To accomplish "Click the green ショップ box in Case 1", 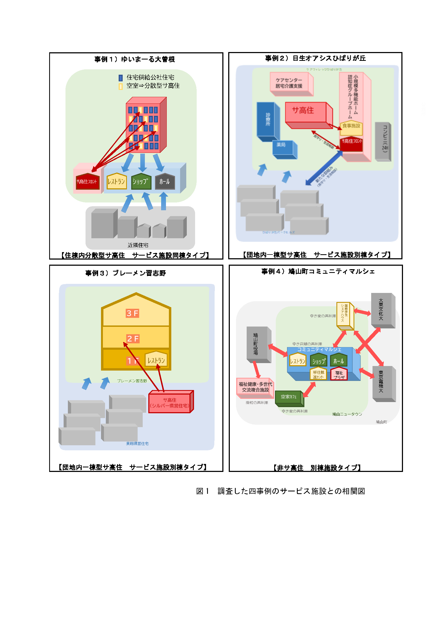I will pyautogui.click(x=141, y=181).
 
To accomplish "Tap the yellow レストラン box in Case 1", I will pyautogui.click(x=117, y=181).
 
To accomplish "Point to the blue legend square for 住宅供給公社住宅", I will pyautogui.click(x=121, y=78).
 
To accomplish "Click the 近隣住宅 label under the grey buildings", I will pyautogui.click(x=138, y=245).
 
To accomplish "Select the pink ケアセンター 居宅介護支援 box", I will pyautogui.click(x=289, y=83).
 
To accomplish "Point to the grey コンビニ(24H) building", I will pyautogui.click(x=383, y=141).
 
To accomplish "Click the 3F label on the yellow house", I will pyautogui.click(x=132, y=313).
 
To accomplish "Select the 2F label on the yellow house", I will pyautogui.click(x=133, y=339).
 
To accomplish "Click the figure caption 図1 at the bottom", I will pyautogui.click(x=280, y=491).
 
